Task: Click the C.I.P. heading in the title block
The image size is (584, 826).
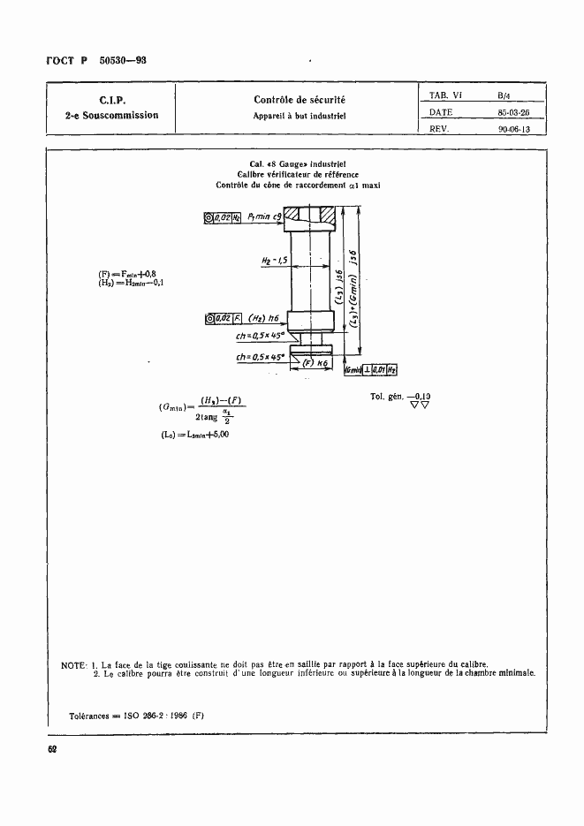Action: [111, 100]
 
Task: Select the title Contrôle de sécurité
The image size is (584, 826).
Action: [299, 100]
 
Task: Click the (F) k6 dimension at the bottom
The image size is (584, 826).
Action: [315, 362]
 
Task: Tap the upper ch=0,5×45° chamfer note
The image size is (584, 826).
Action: [259, 336]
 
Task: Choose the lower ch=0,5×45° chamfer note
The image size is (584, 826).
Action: [258, 356]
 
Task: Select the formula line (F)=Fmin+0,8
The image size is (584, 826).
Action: [130, 274]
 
